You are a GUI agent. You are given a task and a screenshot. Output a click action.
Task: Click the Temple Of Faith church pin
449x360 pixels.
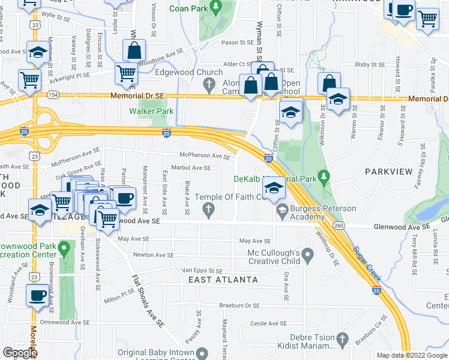(208, 209)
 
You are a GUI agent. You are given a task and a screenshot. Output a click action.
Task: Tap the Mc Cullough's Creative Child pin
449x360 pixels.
(307, 257)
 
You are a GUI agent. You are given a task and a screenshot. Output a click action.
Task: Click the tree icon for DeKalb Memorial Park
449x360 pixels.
(325, 176)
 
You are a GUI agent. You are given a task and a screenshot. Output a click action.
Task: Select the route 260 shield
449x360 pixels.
(339, 226)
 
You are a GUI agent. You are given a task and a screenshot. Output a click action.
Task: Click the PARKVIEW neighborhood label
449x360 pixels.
(388, 172)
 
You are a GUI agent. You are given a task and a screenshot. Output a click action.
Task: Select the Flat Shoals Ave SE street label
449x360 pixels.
(148, 300)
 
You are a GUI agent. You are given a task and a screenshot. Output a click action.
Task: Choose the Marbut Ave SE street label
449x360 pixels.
(191, 169)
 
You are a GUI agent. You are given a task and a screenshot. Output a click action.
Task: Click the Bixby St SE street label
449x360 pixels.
(369, 64)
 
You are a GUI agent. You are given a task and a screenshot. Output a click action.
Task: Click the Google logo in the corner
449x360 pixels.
(20, 353)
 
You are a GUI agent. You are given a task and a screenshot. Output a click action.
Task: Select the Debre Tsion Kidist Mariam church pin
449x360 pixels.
(343, 338)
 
